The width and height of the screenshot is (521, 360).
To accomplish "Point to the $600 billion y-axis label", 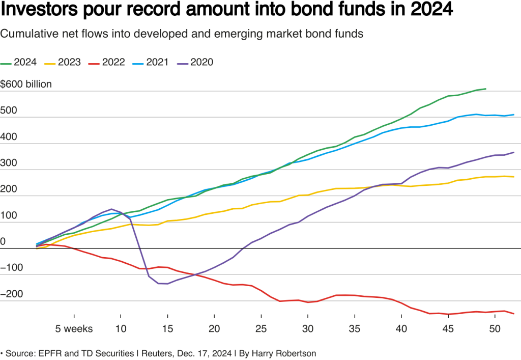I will (x=26, y=84).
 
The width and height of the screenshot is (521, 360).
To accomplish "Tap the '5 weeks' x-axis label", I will (x=74, y=328).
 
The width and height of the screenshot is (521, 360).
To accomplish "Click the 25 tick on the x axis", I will (x=260, y=328).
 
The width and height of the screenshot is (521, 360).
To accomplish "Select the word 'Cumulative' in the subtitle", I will (x=25, y=34).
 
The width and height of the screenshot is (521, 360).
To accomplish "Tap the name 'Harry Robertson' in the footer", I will (x=292, y=352).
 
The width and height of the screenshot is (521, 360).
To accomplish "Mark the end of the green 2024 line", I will (x=486, y=89).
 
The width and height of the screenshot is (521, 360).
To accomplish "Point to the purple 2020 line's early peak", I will (x=111, y=209).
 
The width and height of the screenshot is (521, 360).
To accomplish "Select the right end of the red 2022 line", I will (x=513, y=314).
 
